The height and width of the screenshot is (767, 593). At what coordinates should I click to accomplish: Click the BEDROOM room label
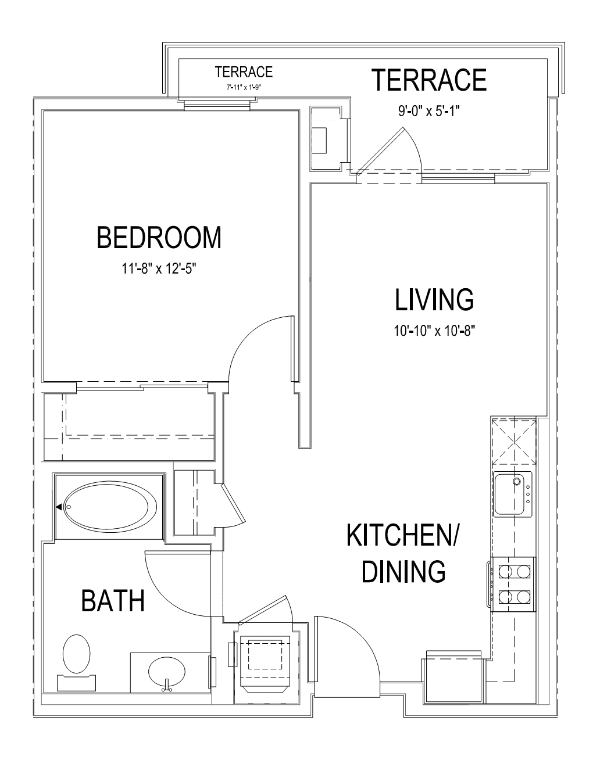tap(159, 238)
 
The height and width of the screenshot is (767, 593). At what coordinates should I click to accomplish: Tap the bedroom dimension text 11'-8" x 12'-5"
tap(159, 269)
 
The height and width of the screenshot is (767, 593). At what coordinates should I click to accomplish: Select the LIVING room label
tap(434, 300)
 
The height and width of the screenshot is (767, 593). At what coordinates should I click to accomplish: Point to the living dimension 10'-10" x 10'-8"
tap(434, 331)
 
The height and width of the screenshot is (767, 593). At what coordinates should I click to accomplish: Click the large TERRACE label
tap(429, 80)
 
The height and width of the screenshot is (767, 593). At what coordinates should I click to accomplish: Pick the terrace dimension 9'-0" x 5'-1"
tap(429, 111)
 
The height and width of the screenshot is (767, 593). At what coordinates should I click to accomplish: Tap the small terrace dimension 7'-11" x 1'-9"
tap(244, 87)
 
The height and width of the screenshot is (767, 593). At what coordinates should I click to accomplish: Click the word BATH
tap(113, 601)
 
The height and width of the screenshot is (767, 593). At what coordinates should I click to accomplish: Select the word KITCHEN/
tap(402, 535)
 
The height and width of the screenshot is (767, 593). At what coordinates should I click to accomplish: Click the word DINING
tap(403, 571)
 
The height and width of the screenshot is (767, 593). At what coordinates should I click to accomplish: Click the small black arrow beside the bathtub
tap(59, 507)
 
